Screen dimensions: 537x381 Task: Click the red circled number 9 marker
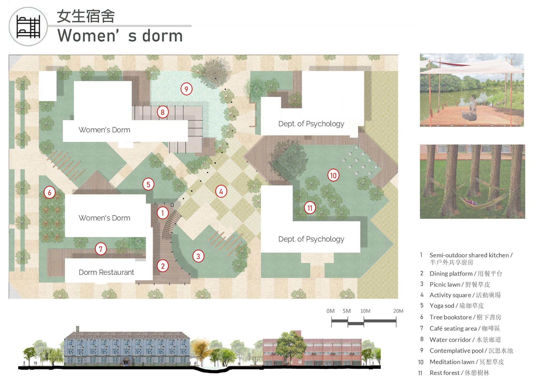tap(186, 89)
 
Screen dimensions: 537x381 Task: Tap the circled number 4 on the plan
tap(221, 191)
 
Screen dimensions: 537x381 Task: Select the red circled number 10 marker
tap(333, 175)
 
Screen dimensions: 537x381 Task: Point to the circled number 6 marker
tap(49, 192)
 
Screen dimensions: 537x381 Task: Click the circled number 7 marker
tap(101, 249)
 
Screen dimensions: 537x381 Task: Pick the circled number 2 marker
tap(163, 266)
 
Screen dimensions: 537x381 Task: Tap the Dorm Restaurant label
tap(106, 272)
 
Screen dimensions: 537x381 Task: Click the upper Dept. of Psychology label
tap(311, 124)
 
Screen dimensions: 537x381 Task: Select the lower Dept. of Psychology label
tap(311, 239)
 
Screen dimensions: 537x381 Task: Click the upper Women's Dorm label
tap(104, 130)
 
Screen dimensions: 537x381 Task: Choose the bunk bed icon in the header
tap(28, 27)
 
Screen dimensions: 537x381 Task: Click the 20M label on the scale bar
tap(398, 311)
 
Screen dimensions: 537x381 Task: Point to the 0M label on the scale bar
tap(330, 311)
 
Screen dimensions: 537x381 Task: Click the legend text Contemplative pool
tap(456, 351)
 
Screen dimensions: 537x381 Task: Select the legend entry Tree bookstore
tap(451, 317)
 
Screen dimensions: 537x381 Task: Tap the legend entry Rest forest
tap(444, 373)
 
